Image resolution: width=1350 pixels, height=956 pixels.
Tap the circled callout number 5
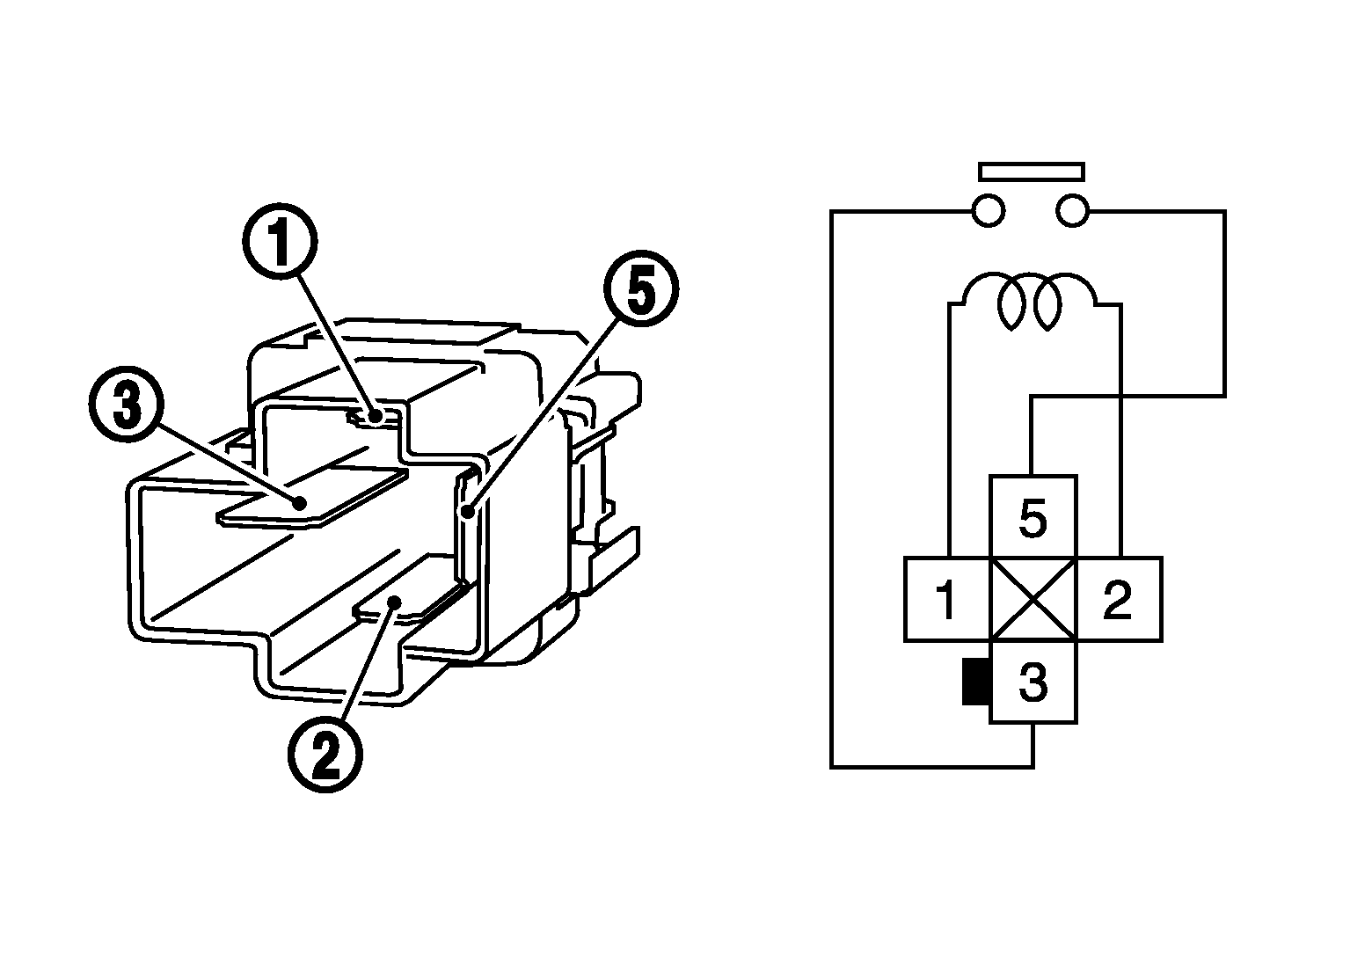[x=640, y=292]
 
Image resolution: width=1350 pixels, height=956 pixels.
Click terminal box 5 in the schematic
[x=1033, y=517]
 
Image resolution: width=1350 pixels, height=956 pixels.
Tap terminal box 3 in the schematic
[x=1033, y=682]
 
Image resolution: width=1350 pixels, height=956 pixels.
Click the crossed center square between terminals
[x=1033, y=599]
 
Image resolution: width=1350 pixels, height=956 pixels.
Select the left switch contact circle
[x=988, y=211]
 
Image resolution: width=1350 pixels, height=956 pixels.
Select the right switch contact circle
[x=1073, y=211]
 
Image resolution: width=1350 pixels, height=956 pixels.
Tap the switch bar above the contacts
[x=1031, y=171]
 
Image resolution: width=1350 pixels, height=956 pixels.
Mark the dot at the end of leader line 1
[x=376, y=417]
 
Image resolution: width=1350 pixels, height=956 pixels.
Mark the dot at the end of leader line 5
[x=470, y=510]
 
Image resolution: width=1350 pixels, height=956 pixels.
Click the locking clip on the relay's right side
[x=607, y=554]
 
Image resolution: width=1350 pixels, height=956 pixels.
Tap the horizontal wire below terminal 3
[x=932, y=767]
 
